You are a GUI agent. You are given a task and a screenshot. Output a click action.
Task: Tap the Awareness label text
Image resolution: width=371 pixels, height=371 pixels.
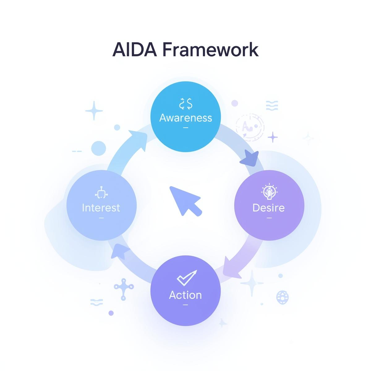point(185,118)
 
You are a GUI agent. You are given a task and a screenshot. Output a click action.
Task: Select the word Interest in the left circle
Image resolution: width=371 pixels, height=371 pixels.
point(101,207)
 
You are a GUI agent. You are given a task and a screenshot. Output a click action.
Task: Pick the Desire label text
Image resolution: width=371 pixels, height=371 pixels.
point(268,207)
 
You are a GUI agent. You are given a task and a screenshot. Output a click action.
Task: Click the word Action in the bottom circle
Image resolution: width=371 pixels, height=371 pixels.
point(185,295)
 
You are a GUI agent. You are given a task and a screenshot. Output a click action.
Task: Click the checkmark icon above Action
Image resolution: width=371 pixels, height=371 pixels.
point(186,278)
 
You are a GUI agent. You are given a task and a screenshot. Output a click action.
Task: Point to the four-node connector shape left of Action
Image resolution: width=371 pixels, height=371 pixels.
point(123,288)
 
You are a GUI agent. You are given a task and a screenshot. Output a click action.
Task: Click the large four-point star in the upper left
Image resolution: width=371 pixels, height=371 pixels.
point(94,110)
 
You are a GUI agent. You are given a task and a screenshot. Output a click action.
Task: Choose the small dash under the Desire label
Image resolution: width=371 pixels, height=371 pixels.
point(269,218)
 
